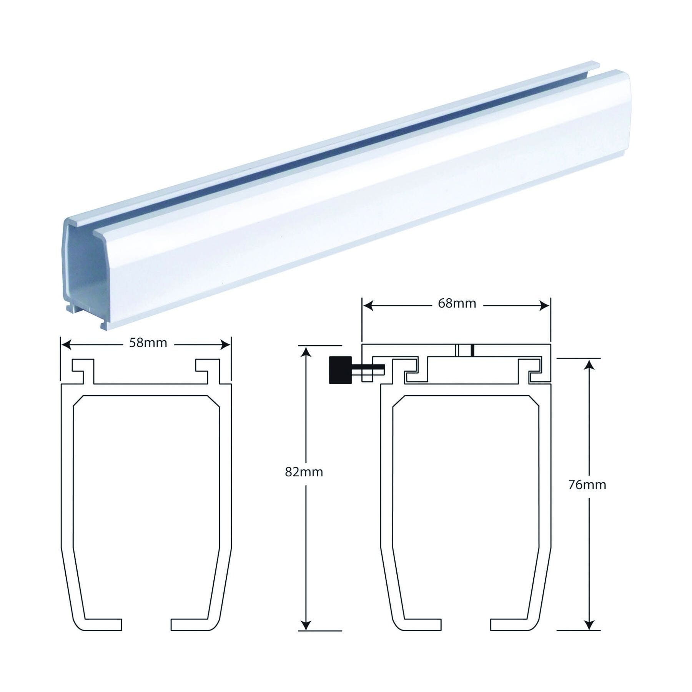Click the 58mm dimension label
coord(148,343)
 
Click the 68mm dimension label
coord(457,304)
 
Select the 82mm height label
coord(304,472)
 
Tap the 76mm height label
coord(587,485)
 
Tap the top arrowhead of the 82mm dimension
coord(305,351)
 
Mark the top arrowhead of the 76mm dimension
coord(589,364)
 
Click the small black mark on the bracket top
coord(472,350)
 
